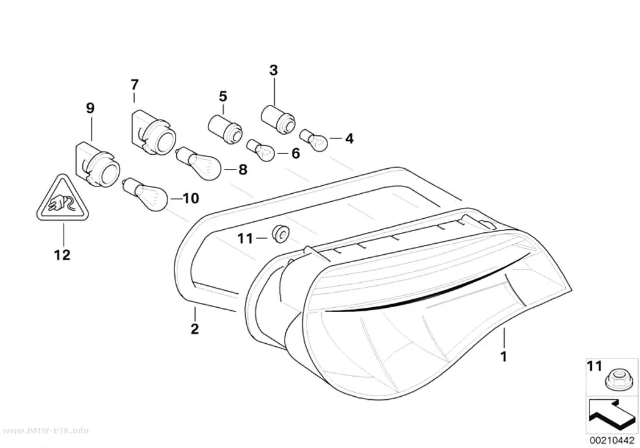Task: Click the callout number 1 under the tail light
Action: coord(504,357)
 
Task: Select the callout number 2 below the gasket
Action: coord(194,329)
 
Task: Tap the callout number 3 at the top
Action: coord(274,70)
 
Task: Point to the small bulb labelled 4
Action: coord(314,140)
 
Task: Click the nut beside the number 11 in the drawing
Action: coord(280,233)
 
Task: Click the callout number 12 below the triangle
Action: coord(62,255)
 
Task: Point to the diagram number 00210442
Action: coord(611,441)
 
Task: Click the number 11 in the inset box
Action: coord(594,366)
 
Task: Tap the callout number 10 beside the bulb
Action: coord(191,199)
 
